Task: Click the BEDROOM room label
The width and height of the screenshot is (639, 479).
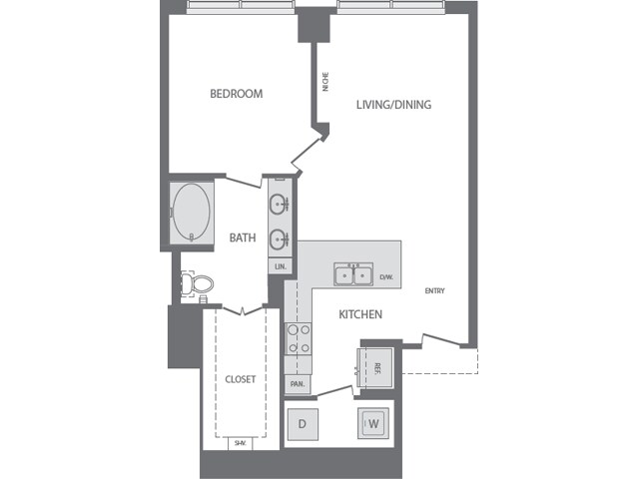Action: point(236,94)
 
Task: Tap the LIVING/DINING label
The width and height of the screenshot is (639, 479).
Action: point(393,104)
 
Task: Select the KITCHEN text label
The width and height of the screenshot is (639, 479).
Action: point(360,314)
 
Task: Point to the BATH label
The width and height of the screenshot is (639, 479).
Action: point(243,238)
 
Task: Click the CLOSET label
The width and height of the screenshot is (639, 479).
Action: point(240,379)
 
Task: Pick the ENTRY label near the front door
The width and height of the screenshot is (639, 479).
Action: point(434,291)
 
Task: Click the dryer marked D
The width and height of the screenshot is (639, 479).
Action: point(303,423)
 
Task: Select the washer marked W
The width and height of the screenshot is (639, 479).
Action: point(373,423)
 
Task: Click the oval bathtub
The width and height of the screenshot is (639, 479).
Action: point(191,212)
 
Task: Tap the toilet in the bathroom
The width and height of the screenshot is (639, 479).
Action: point(200,284)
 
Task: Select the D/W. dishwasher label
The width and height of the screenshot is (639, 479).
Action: point(386,276)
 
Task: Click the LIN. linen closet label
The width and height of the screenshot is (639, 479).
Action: point(279,266)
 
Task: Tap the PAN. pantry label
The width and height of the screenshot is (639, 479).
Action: point(298,383)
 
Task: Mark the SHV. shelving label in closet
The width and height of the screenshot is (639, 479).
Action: point(240,443)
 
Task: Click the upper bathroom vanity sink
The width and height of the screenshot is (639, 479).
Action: point(279,207)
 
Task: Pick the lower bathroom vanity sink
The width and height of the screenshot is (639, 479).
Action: point(279,238)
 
